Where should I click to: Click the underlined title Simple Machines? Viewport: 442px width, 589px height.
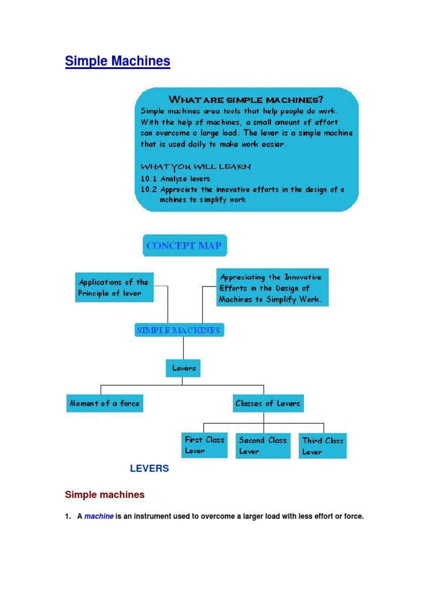[x=117, y=61]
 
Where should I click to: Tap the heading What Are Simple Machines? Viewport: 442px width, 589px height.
[x=246, y=100]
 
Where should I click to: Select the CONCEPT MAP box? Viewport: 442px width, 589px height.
[x=185, y=246]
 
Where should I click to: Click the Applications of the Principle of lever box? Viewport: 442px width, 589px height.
[x=115, y=288]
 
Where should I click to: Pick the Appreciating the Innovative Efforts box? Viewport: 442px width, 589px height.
[x=272, y=288]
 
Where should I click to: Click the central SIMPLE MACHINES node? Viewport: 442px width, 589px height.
[x=180, y=330]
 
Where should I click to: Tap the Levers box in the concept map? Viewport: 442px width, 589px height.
[x=183, y=368]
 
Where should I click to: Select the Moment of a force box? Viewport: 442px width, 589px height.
[x=105, y=403]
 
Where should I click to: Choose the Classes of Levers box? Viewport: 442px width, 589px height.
[x=268, y=403]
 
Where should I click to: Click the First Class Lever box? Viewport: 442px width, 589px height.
[x=204, y=446]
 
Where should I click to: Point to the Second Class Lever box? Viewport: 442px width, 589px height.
[x=262, y=446]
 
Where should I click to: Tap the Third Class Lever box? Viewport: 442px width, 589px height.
[x=322, y=446]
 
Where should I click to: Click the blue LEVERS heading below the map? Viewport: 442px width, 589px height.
[x=149, y=468]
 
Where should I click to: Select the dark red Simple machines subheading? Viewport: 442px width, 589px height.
[x=105, y=495]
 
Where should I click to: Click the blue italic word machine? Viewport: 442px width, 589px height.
[x=99, y=516]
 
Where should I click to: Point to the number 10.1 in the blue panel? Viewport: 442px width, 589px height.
[x=148, y=179]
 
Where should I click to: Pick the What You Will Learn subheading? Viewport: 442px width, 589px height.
[x=196, y=166]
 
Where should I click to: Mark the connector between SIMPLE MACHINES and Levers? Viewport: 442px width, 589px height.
[x=184, y=348]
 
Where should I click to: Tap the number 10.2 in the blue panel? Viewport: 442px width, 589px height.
[x=148, y=189]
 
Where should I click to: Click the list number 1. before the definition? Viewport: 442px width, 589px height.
[x=68, y=516]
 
